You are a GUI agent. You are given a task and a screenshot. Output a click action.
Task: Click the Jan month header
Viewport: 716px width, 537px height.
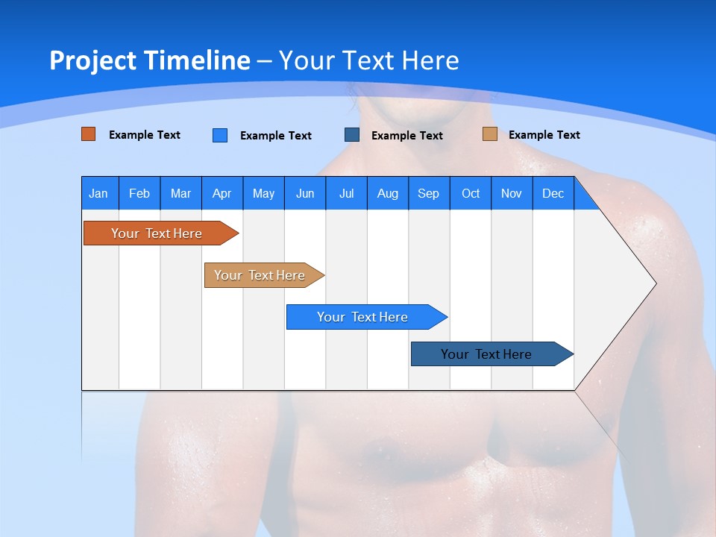pyautogui.click(x=98, y=193)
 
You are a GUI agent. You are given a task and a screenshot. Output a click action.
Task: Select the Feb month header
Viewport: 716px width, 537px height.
pyautogui.click(x=139, y=193)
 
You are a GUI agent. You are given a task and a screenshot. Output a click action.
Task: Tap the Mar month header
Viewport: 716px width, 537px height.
pyautogui.click(x=180, y=193)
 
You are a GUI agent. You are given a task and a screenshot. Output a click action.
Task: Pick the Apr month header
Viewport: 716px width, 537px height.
pyautogui.click(x=222, y=193)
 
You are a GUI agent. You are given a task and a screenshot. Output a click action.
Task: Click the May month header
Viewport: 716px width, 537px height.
pyautogui.click(x=263, y=193)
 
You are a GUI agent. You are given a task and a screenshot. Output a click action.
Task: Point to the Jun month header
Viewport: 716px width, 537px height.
pyautogui.click(x=305, y=193)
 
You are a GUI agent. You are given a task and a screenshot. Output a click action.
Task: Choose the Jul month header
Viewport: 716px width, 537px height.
pyautogui.click(x=346, y=193)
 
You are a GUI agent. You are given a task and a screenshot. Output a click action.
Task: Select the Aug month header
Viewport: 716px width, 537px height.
pyautogui.click(x=388, y=193)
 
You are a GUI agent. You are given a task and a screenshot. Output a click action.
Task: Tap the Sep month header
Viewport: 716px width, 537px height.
pyautogui.click(x=429, y=193)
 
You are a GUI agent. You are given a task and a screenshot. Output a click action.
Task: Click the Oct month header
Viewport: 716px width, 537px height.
pyautogui.click(x=471, y=193)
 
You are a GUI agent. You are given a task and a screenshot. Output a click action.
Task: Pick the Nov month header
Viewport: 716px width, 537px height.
pyautogui.click(x=512, y=193)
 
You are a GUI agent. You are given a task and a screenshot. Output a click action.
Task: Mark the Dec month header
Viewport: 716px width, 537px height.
pyautogui.click(x=553, y=193)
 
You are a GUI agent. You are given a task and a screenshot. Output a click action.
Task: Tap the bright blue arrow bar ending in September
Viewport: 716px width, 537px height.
pyautogui.click(x=363, y=317)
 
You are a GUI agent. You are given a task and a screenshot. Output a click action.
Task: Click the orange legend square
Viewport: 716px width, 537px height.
pyautogui.click(x=89, y=134)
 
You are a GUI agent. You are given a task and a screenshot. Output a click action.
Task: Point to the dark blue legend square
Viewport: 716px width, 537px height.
pyautogui.click(x=352, y=134)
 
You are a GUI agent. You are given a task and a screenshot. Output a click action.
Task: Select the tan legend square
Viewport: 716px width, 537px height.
pyautogui.click(x=490, y=134)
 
